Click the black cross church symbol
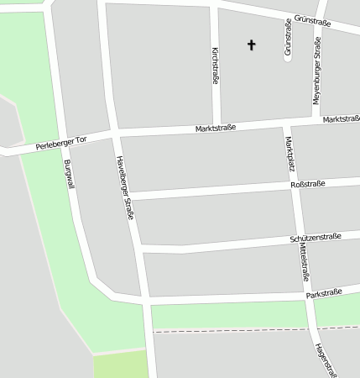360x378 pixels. click(250, 45)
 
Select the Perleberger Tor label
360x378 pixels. click(61, 144)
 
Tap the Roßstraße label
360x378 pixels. click(307, 184)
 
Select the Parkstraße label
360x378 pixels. click(324, 293)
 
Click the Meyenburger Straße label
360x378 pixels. click(317, 75)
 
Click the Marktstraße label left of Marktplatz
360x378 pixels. click(216, 128)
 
